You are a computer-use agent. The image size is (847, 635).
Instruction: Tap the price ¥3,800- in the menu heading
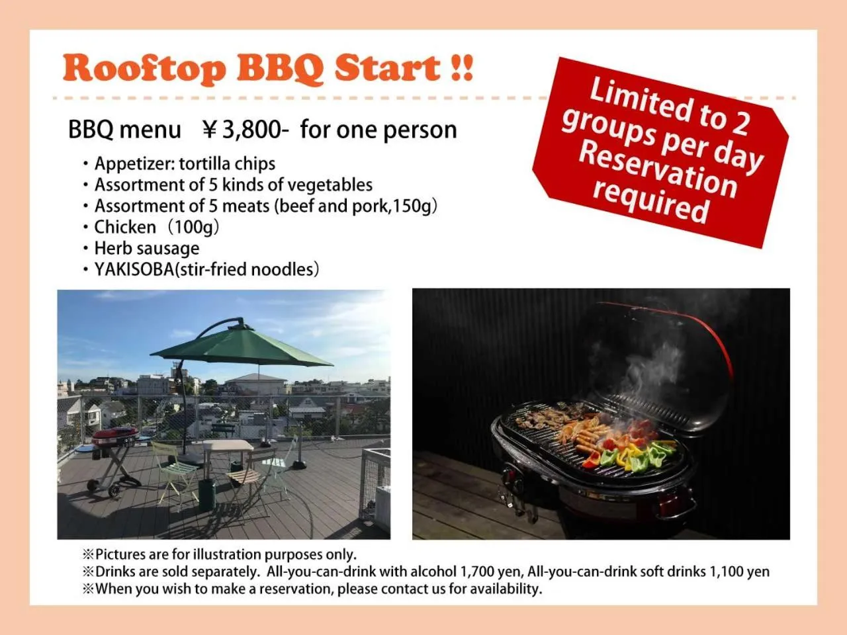click(x=245, y=130)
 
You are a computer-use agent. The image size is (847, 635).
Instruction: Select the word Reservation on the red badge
click(x=658, y=170)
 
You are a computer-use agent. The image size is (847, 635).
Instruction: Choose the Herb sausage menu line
click(x=146, y=248)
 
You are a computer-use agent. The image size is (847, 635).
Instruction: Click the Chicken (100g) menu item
click(x=156, y=227)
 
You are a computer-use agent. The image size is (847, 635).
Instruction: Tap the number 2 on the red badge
click(x=739, y=121)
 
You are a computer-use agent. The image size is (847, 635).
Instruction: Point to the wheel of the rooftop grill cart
click(x=114, y=491)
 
